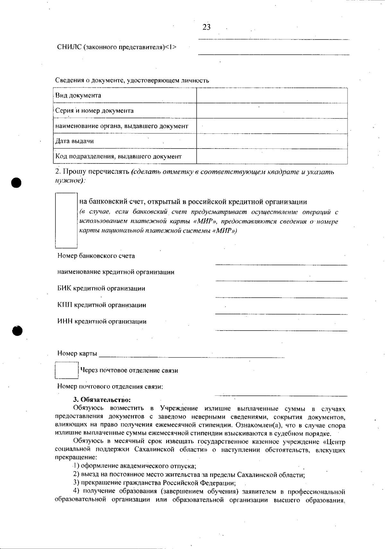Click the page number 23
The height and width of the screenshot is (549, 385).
[207, 27]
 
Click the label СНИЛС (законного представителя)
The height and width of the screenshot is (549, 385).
[116, 47]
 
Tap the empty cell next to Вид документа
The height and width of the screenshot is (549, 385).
[272, 96]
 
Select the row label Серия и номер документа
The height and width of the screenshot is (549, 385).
[94, 111]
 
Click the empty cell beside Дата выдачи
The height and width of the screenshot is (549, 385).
[272, 141]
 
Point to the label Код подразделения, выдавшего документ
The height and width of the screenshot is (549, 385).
[118, 157]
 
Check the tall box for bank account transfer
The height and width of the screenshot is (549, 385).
[66, 220]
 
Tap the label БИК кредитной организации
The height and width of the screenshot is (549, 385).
[101, 289]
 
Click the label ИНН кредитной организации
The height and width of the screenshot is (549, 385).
[102, 322]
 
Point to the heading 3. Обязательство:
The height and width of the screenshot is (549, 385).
[102, 400]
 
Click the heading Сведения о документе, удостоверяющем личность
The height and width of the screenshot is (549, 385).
[132, 80]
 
